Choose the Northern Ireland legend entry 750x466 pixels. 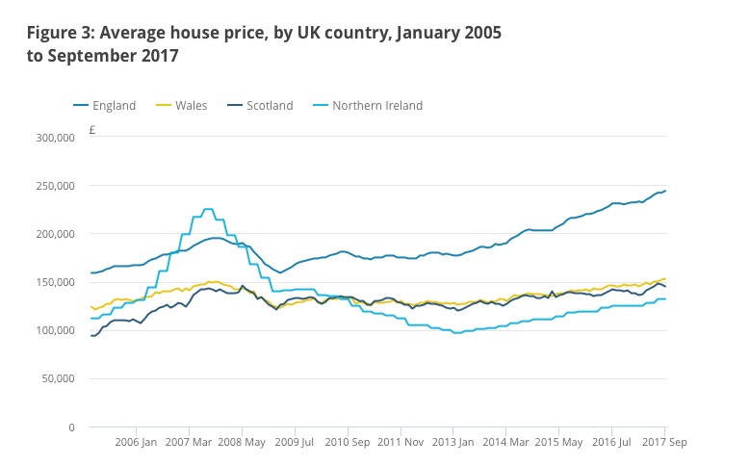370,106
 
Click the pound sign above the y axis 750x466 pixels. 91,128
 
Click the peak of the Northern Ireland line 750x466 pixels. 207,209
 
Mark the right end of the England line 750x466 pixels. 664,191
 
